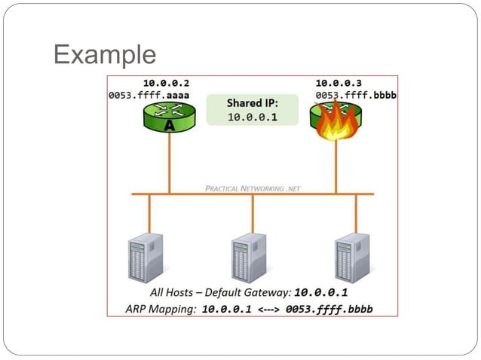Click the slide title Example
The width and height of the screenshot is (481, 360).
(x=105, y=54)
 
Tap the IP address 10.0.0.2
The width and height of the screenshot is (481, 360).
(x=166, y=83)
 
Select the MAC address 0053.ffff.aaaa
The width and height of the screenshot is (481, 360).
(x=149, y=96)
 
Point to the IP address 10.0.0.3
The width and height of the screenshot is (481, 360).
(x=339, y=83)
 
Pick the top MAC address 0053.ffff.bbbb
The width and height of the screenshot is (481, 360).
(x=357, y=96)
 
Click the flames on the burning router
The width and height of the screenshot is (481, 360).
(x=336, y=124)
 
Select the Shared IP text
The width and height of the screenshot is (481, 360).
(x=253, y=102)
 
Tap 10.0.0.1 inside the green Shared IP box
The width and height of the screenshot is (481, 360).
(x=253, y=117)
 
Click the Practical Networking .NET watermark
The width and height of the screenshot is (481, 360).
(x=253, y=188)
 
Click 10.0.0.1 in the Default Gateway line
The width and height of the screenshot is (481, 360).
(x=320, y=292)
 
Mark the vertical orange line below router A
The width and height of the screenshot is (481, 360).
(x=170, y=162)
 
